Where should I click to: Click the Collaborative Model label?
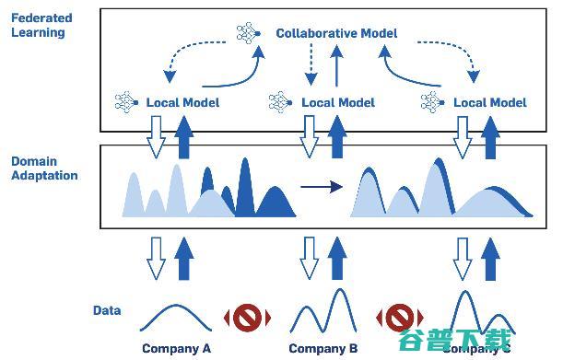[x=336, y=33]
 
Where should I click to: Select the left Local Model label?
[x=182, y=102]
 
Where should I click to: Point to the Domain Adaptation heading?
[x=44, y=168]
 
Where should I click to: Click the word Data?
[x=107, y=311]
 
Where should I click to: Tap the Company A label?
[x=177, y=349]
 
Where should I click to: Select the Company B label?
[x=323, y=349]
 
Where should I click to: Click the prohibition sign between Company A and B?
[x=248, y=318]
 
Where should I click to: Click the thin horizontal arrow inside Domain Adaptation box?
[x=321, y=188]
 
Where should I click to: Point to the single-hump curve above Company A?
[x=177, y=318]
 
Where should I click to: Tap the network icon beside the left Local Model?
[x=125, y=101]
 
